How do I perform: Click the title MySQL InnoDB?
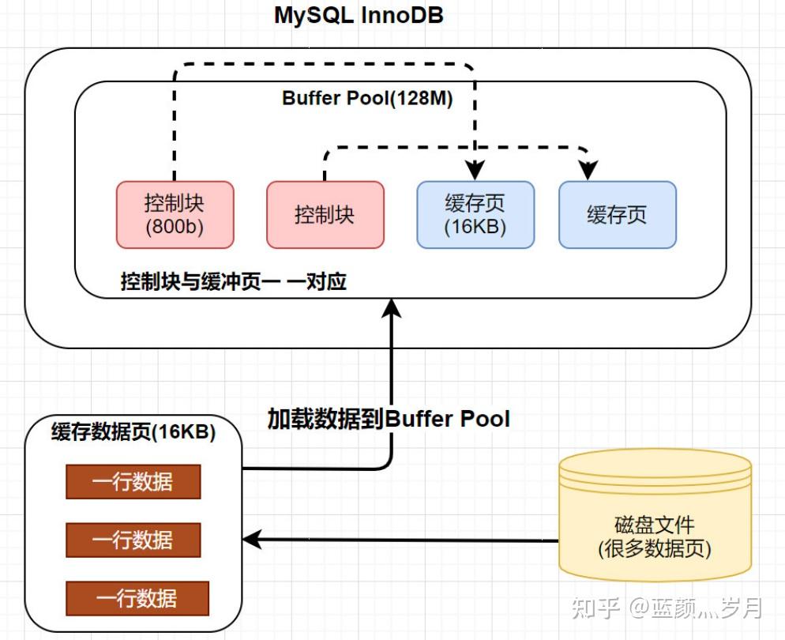click(359, 15)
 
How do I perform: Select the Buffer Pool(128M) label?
click(367, 99)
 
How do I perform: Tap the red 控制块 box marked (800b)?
click(175, 214)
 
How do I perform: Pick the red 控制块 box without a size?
click(325, 214)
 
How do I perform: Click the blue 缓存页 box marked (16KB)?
click(475, 214)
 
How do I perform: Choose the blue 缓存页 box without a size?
click(617, 214)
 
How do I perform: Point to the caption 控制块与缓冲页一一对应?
click(233, 281)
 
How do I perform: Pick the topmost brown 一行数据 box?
click(133, 481)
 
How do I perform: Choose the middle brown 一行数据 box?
click(133, 540)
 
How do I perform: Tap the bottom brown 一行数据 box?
click(137, 598)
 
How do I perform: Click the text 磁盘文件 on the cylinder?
click(655, 525)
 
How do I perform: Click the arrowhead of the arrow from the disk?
click(252, 540)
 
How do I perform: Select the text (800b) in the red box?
click(175, 226)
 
